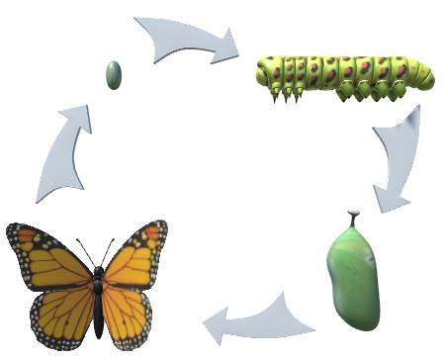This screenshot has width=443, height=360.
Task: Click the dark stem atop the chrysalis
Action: (351, 217)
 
